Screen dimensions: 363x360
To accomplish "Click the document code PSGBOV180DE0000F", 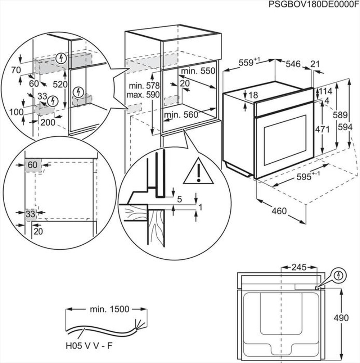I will coord(314,4).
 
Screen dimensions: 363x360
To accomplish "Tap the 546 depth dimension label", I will coord(293,64).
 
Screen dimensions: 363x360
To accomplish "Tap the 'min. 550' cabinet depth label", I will coord(198,71).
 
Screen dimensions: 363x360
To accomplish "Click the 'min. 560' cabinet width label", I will coord(181,115).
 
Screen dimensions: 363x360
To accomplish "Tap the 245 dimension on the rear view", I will coord(298,267).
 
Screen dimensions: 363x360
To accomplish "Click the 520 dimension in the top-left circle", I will coord(60,85).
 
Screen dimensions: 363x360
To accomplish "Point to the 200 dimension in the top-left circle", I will coord(48,122).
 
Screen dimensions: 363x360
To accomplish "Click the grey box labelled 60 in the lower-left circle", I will coord(33,165).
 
